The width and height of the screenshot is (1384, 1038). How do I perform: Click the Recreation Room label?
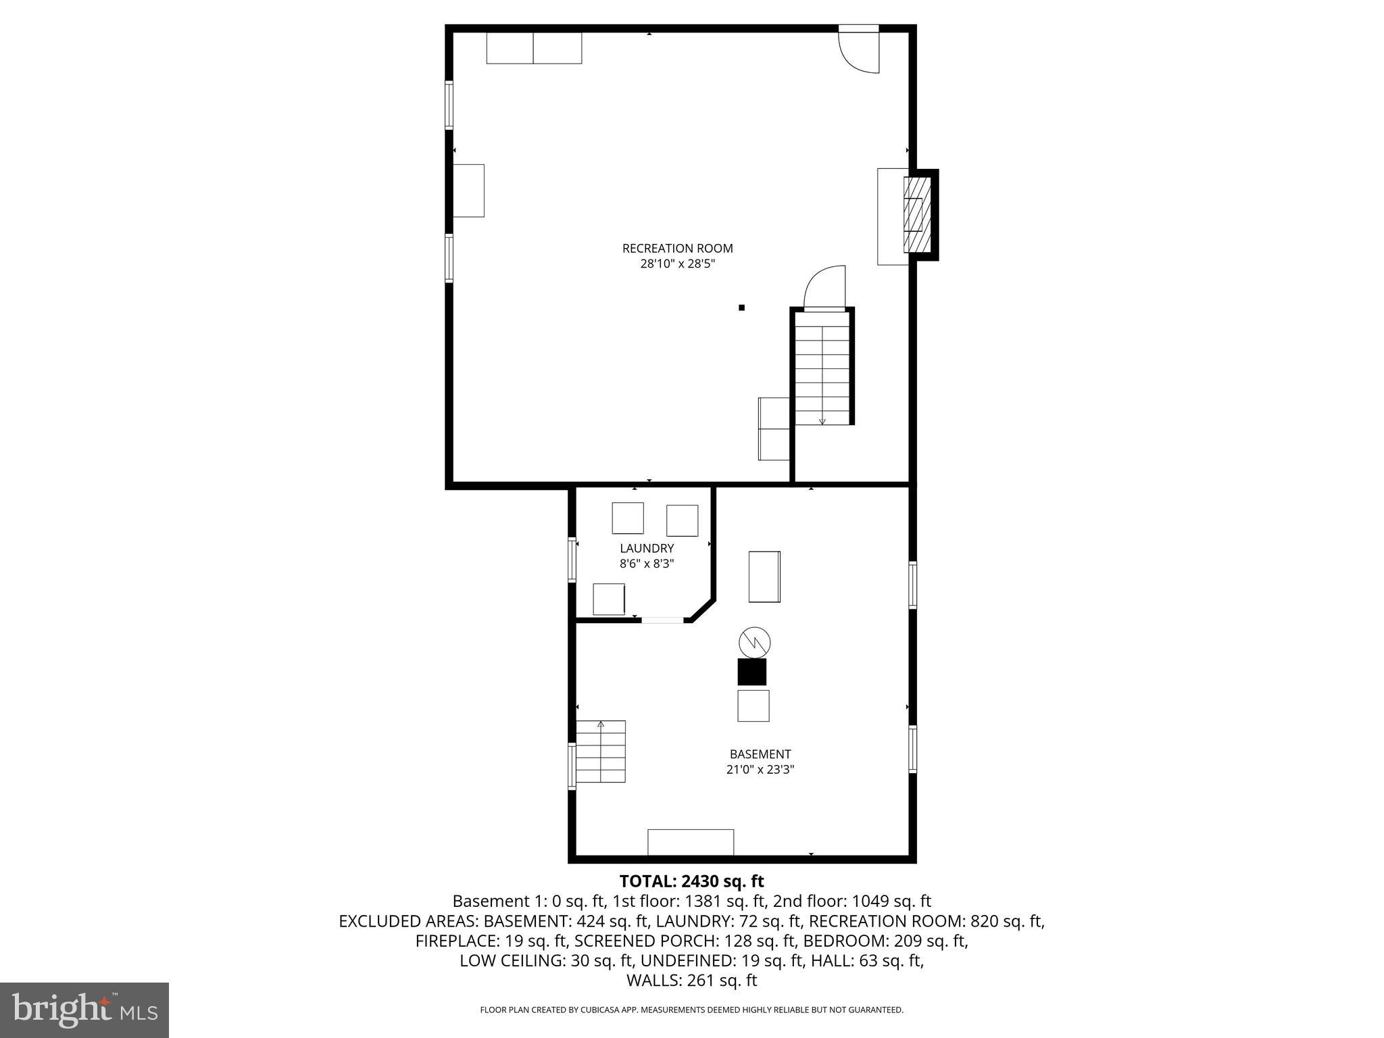[677, 248]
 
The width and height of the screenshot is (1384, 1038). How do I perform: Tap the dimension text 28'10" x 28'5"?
[677, 264]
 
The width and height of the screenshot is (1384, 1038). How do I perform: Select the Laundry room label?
[647, 548]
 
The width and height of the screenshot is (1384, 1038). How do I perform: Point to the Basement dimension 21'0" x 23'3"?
[760, 769]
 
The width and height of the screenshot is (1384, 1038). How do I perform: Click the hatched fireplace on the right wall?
[917, 214]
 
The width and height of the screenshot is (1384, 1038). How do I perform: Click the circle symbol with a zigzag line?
[755, 642]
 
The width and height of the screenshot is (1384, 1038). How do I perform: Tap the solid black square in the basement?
[751, 672]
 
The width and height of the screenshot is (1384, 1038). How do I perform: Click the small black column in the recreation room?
[741, 307]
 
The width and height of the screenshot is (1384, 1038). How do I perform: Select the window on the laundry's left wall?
[572, 560]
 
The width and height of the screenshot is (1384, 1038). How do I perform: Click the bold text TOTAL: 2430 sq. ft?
[691, 881]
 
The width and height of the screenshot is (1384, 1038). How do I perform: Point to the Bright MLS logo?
[84, 1010]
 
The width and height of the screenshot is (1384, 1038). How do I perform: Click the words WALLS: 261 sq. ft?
[691, 981]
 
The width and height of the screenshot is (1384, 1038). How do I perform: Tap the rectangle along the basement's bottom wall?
[691, 842]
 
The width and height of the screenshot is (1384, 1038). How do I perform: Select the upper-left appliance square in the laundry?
[627, 518]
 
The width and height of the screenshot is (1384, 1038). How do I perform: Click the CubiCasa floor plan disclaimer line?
[691, 1010]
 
